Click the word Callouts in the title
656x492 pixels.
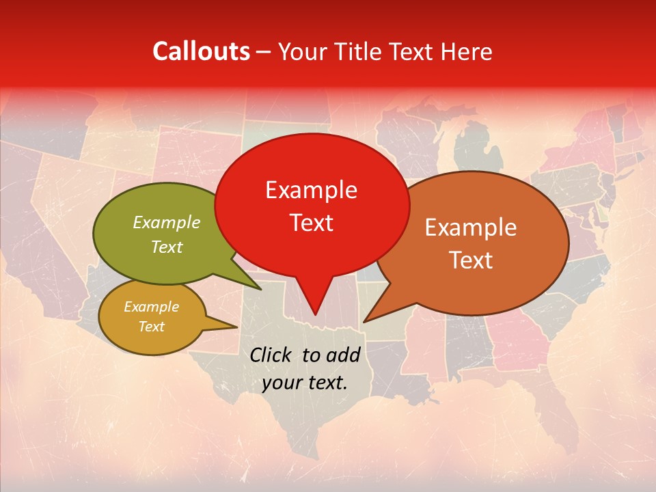[x=201, y=51]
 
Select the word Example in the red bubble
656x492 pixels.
[x=311, y=190]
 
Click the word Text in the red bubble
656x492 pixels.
[x=311, y=222]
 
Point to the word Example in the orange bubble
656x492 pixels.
[x=471, y=228]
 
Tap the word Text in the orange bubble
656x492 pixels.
[x=471, y=260]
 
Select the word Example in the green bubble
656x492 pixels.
[x=167, y=222]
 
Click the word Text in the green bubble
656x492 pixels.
[x=167, y=247]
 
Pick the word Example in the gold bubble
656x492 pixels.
[x=151, y=307]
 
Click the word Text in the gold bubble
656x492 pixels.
[x=151, y=327]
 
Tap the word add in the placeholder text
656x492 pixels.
[x=343, y=355]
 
